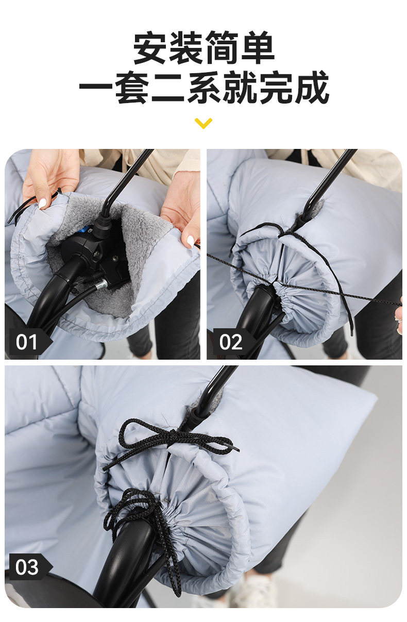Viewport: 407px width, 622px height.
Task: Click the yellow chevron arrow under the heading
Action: click(203, 123)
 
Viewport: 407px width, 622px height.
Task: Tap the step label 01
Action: click(27, 342)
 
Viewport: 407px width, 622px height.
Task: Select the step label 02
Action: click(231, 342)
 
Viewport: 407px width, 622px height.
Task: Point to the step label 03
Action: click(27, 567)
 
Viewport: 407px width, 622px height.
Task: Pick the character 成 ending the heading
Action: click(312, 87)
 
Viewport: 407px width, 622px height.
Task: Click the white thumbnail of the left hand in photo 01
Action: click(43, 203)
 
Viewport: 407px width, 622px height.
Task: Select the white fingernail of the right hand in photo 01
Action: click(190, 241)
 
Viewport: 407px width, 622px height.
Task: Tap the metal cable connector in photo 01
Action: click(101, 284)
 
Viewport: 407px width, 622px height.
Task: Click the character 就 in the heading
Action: click(240, 87)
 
